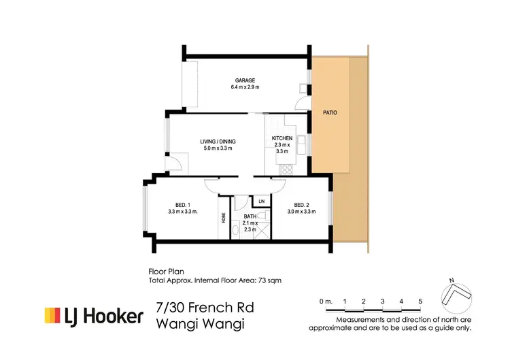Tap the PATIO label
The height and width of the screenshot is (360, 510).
[x=330, y=112]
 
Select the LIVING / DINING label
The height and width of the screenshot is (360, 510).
[x=218, y=142]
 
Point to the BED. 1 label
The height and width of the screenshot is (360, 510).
[x=182, y=205]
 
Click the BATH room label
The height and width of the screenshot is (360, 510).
[x=250, y=216]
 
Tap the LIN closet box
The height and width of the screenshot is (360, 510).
[x=260, y=201]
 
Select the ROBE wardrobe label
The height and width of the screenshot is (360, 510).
[x=224, y=219]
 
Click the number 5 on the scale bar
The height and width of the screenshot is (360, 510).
[x=420, y=301]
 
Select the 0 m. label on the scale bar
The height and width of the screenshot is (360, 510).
[x=326, y=301]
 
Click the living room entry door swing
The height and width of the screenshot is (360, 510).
[x=175, y=164]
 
